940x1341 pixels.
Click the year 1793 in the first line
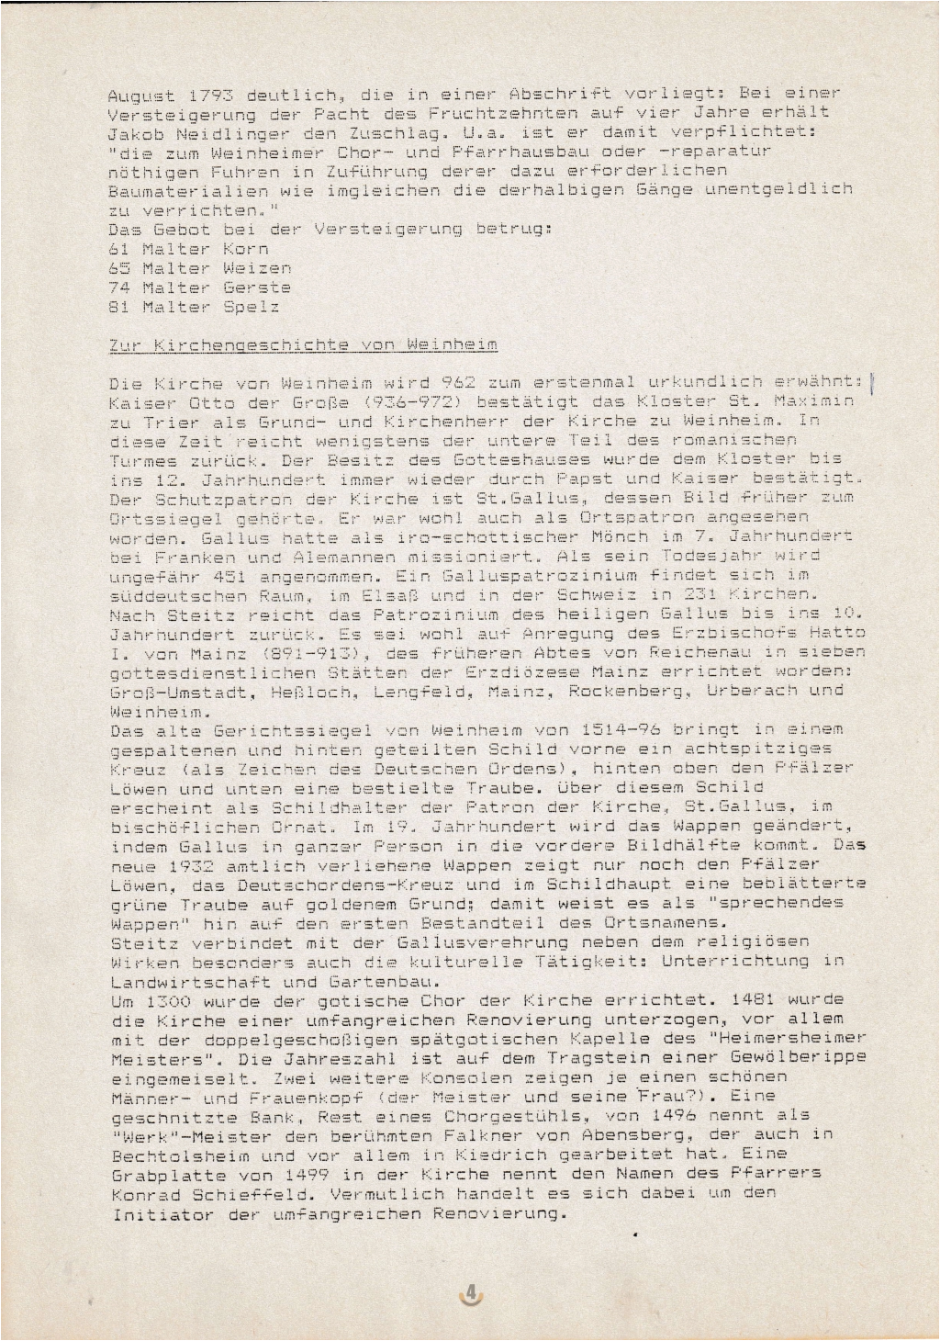pyautogui.click(x=211, y=95)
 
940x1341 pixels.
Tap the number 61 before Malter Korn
pyautogui.click(x=118, y=249)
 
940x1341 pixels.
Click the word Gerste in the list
pyautogui.click(x=257, y=287)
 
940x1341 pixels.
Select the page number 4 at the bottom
pyautogui.click(x=471, y=1293)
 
